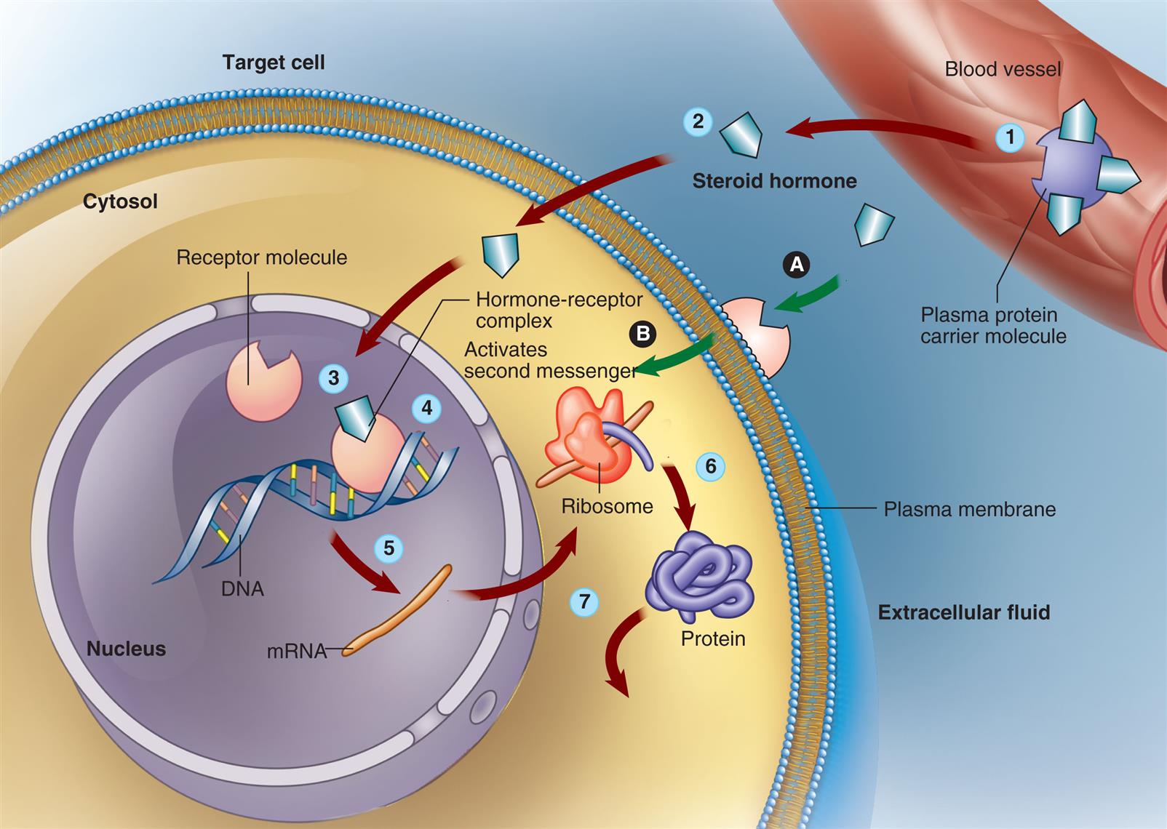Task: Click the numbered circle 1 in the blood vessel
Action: pos(1009,137)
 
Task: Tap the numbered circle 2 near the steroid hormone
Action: pos(698,121)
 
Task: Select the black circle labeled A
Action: pos(797,264)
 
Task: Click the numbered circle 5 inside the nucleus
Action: pos(389,548)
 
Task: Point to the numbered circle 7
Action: pos(584,601)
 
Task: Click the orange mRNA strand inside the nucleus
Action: pos(399,609)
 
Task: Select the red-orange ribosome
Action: pos(586,436)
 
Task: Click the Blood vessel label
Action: pos(1003,70)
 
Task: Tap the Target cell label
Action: pos(274,63)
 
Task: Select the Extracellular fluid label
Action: pos(963,612)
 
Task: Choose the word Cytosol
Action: pos(120,201)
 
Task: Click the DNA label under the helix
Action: pos(242,588)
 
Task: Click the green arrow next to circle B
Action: pos(677,356)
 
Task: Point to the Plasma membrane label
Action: pos(969,509)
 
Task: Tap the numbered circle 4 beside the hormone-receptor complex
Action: pos(426,408)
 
